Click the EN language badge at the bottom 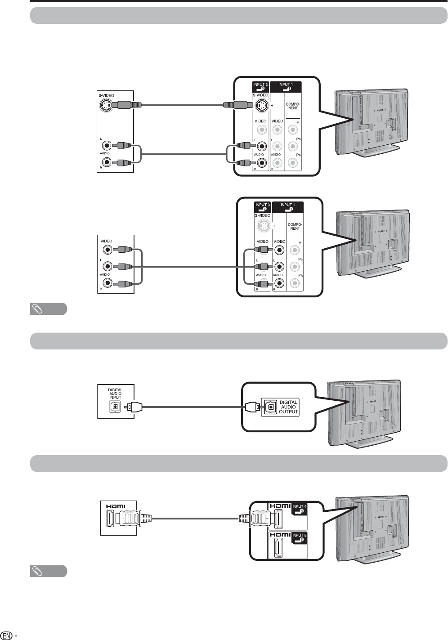click(x=7, y=636)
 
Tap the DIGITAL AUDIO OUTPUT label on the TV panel click(x=288, y=407)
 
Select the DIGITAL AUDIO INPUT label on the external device click(x=115, y=394)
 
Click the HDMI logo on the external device click(x=116, y=506)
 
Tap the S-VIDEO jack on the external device click(x=105, y=106)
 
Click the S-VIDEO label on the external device click(x=107, y=95)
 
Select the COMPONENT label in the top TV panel click(x=293, y=106)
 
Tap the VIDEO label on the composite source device click(x=107, y=241)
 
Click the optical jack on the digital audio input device click(x=115, y=407)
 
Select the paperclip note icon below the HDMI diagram click(x=49, y=571)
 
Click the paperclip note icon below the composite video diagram click(x=49, y=309)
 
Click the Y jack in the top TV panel click(x=293, y=130)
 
